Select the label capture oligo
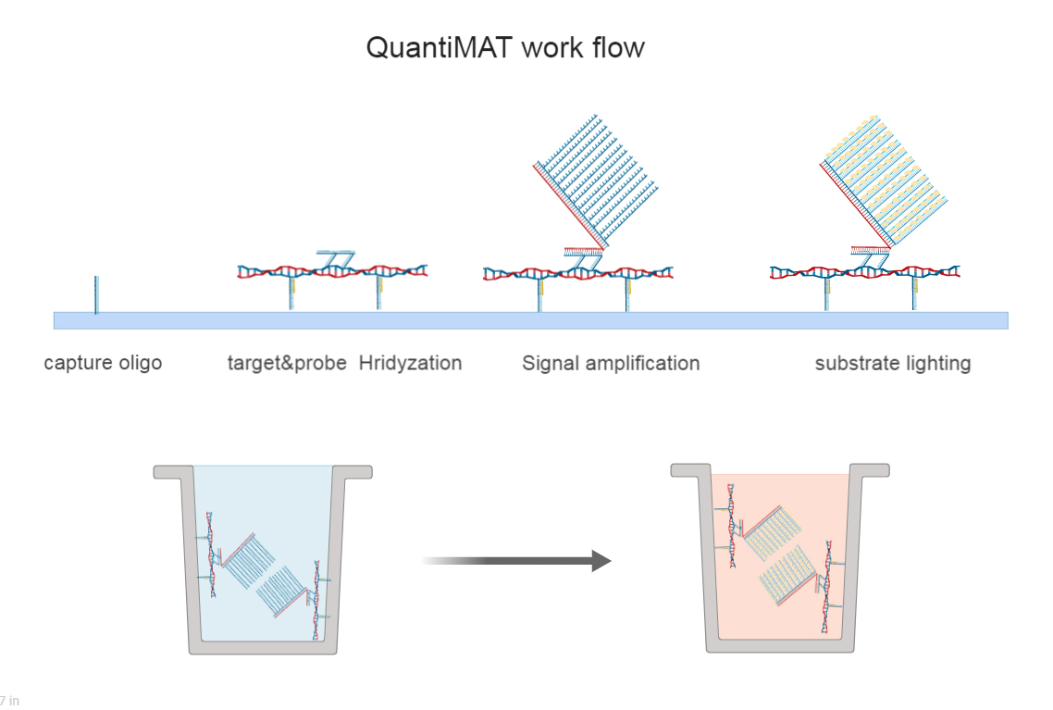[103, 363]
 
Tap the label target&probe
[287, 363]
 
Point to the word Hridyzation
[410, 363]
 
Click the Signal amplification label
[611, 363]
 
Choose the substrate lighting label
[893, 363]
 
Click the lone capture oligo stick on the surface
[95, 294]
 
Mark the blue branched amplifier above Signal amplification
[597, 181]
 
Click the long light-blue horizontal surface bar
[530, 320]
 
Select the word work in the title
[549, 48]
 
